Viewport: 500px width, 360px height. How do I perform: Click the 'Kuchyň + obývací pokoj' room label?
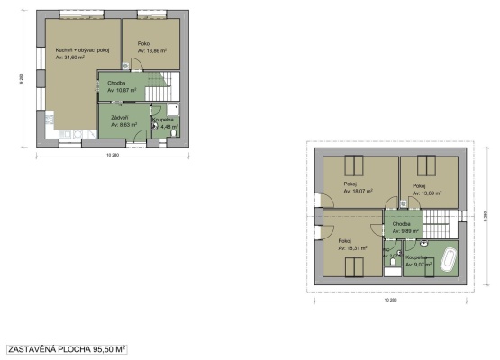82,50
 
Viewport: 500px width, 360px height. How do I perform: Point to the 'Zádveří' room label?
117,118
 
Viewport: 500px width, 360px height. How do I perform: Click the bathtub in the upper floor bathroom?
447,265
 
